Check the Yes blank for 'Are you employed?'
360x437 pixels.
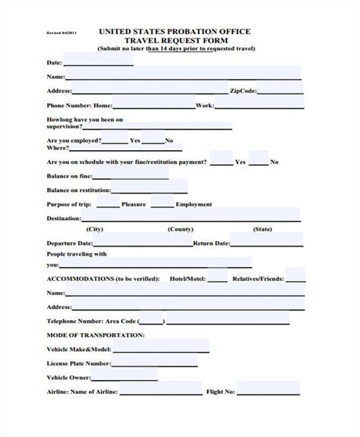114,140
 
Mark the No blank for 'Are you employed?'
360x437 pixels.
153,140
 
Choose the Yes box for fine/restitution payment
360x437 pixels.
221,161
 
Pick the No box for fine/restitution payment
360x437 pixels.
258,161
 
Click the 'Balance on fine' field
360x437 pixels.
130,175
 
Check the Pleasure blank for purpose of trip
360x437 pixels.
108,203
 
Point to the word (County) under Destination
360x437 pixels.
180,229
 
